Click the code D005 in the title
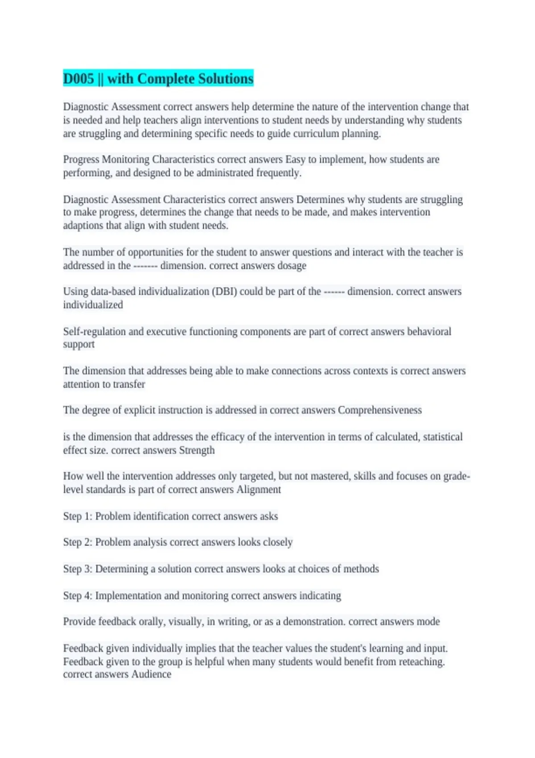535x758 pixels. (78, 79)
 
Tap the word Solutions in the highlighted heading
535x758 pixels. (226, 79)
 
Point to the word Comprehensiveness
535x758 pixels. (379, 410)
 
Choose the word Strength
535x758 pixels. (197, 450)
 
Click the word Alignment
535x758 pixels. (259, 490)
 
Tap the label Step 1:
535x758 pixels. (78, 516)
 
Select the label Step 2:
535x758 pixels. (78, 542)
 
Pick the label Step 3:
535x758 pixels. (78, 569)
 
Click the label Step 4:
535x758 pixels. (78, 596)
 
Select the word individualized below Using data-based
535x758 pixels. (93, 305)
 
